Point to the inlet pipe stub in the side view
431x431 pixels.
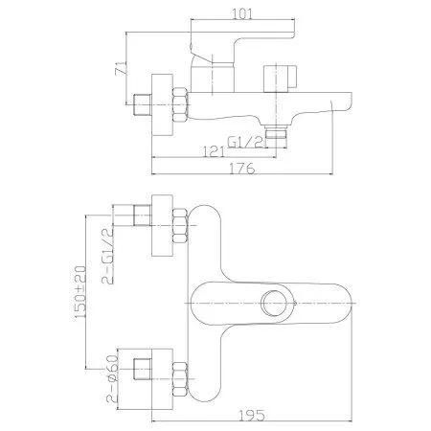tap(146, 101)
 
